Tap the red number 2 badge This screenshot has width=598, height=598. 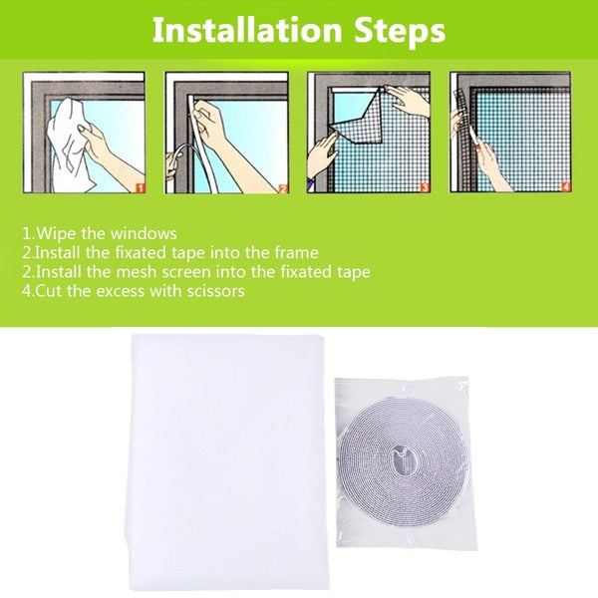[x=282, y=185]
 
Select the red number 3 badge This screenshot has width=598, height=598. [x=426, y=185]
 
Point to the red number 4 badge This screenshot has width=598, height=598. [x=566, y=185]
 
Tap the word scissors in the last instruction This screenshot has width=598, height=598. [x=210, y=291]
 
